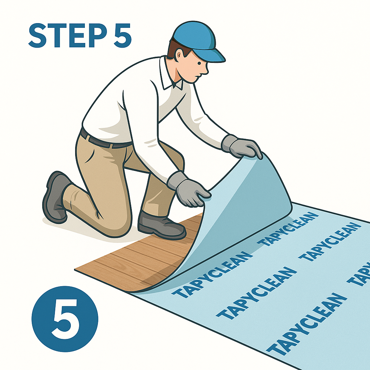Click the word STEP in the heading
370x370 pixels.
pos(68,36)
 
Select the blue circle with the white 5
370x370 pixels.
pos(65,319)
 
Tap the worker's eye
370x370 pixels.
pos(199,63)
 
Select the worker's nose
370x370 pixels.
pos(206,71)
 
